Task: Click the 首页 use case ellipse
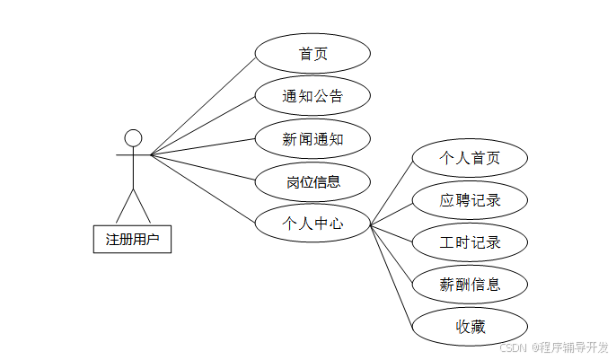pyautogui.click(x=312, y=54)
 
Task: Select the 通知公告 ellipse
pyautogui.click(x=312, y=96)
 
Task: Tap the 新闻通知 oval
pyautogui.click(x=312, y=139)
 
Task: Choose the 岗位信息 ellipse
pyautogui.click(x=312, y=182)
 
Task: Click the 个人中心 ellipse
pyautogui.click(x=312, y=224)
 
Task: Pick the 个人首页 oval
pyautogui.click(x=470, y=159)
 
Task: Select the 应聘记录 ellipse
pyautogui.click(x=470, y=200)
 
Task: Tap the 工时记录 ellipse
pyautogui.click(x=470, y=242)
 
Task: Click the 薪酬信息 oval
pyautogui.click(x=470, y=285)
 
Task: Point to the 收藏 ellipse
pyautogui.click(x=470, y=326)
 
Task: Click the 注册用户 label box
pyautogui.click(x=132, y=240)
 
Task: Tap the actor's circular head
pyautogui.click(x=133, y=137)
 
